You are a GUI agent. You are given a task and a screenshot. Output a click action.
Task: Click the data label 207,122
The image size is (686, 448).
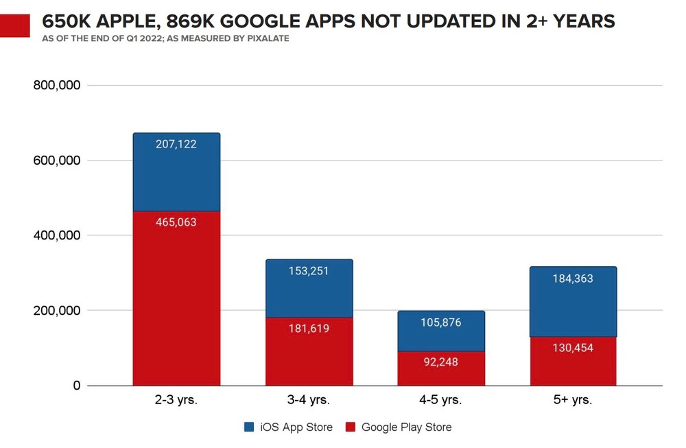tap(176, 144)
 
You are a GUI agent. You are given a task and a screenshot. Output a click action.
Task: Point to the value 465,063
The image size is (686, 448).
tap(176, 222)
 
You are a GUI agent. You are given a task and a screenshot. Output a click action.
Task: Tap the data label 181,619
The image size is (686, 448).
tap(309, 329)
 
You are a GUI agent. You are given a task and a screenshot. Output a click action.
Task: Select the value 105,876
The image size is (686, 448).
tap(441, 323)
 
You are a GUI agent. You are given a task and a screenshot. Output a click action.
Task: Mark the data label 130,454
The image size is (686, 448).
tap(573, 348)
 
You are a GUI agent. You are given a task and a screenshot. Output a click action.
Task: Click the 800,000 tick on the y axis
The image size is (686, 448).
tap(58, 86)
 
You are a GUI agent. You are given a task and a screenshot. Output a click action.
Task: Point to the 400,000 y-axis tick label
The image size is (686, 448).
tap(58, 235)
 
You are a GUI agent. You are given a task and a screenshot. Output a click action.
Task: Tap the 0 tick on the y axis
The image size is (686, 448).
tap(76, 386)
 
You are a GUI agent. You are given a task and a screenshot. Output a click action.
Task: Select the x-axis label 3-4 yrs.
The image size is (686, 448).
tap(309, 400)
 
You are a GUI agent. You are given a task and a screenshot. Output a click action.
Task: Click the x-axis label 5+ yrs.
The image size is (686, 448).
tap(573, 400)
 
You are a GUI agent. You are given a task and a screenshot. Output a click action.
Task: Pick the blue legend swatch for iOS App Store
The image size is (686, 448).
tap(249, 427)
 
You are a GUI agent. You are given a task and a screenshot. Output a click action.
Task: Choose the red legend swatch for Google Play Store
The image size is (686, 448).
tap(350, 427)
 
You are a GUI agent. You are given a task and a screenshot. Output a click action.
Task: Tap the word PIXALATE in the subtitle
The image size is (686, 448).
tap(265, 38)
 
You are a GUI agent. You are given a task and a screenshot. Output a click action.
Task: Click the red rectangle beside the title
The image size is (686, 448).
tap(15, 25)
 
